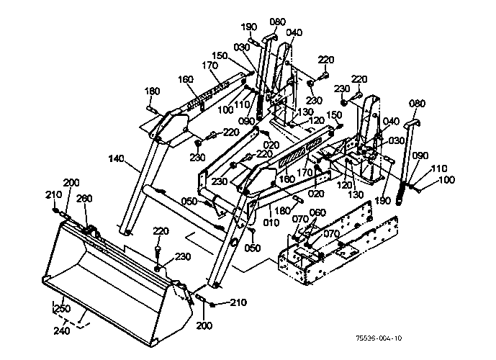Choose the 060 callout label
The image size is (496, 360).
[x=317, y=212]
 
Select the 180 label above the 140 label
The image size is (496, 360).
[x=151, y=91]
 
